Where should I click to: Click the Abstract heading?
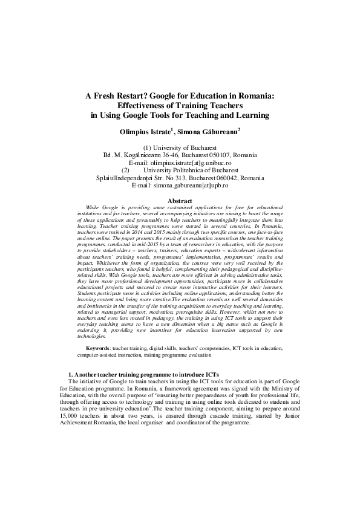coord(180,201)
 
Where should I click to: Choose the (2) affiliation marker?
coord(125,170)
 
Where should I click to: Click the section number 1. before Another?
coord(71,375)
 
